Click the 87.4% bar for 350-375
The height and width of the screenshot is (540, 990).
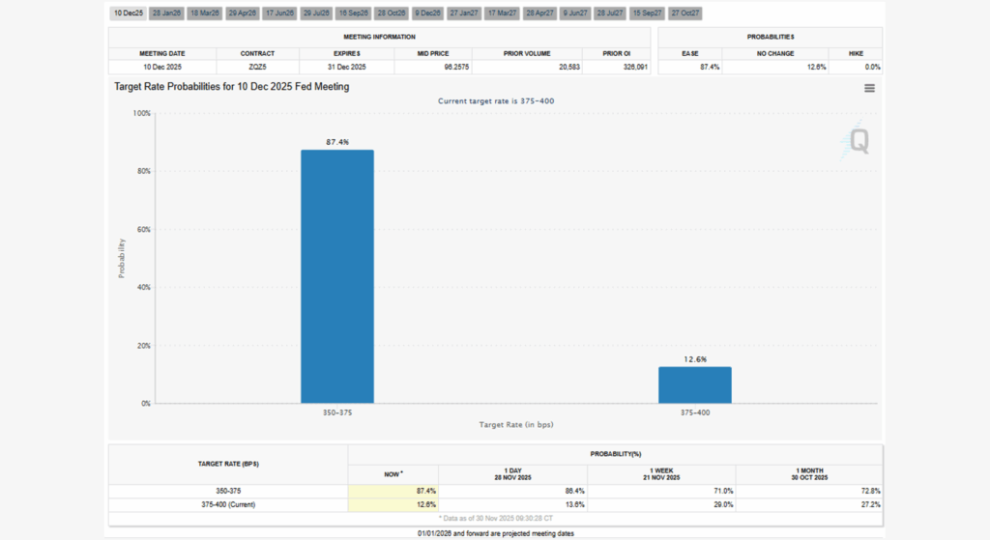(x=336, y=276)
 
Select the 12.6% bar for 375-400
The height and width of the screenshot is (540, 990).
(x=695, y=384)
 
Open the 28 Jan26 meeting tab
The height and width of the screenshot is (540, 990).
(x=167, y=14)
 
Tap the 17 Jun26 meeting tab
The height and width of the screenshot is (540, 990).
(x=280, y=14)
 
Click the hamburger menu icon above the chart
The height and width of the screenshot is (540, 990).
(x=869, y=88)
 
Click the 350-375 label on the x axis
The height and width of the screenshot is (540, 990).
(x=336, y=412)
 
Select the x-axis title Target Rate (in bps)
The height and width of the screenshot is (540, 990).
(x=516, y=425)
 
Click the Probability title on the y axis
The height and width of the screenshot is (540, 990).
(x=122, y=258)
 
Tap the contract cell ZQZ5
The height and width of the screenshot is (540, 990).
(x=258, y=67)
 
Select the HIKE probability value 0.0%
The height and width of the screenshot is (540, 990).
(x=873, y=67)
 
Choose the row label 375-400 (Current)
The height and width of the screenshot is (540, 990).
(x=227, y=504)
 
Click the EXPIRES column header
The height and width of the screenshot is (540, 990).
(x=348, y=53)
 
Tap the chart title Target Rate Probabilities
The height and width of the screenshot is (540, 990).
(x=232, y=87)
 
